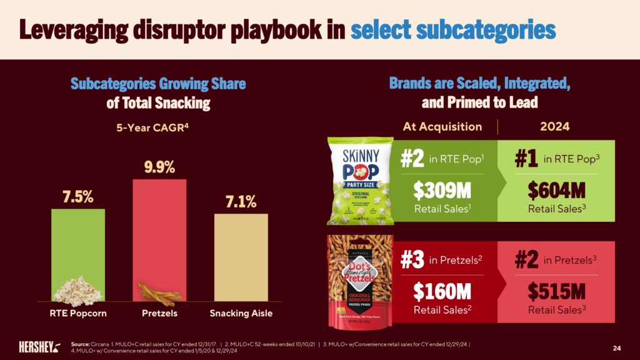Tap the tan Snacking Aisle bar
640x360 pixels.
tap(241, 256)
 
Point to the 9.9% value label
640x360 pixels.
tap(159, 168)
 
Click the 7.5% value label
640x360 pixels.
tap(78, 197)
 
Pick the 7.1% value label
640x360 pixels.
tap(241, 202)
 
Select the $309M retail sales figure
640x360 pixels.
tap(441, 190)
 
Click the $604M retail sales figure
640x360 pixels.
tap(556, 190)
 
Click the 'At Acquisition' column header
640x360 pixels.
tap(442, 127)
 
